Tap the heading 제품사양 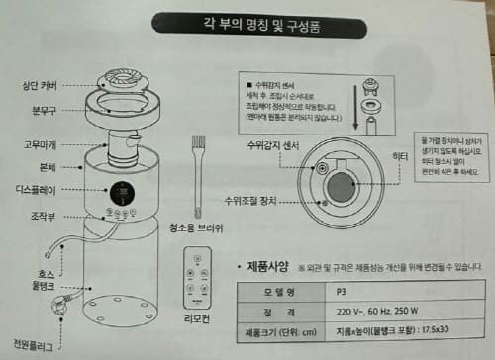pos(260,267)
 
